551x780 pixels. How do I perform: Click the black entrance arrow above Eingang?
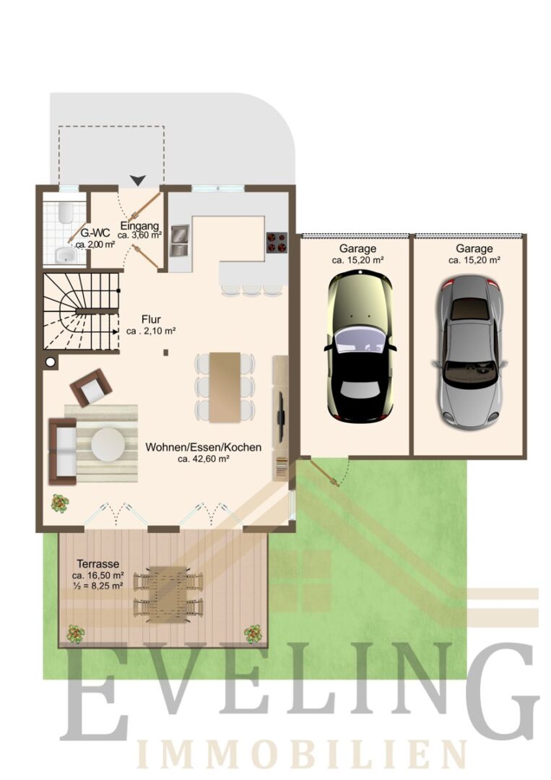(138, 180)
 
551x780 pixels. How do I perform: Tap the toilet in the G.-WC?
(65, 213)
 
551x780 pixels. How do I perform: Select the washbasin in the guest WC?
(65, 255)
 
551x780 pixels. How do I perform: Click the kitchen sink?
(180, 240)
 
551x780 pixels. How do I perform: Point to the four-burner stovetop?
(277, 243)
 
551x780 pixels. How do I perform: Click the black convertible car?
(360, 347)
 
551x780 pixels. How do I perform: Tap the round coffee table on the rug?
(108, 444)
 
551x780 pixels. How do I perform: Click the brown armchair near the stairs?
(91, 388)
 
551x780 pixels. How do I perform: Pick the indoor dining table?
(225, 387)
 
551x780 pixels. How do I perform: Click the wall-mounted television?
(281, 417)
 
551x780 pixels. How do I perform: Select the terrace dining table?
(168, 594)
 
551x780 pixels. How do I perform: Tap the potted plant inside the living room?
(60, 503)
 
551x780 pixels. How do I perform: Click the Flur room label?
(151, 319)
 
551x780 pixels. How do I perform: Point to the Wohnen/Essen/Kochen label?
(204, 447)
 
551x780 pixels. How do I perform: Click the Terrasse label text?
(98, 564)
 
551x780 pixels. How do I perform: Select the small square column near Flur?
(166, 352)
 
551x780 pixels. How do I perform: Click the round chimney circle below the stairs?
(51, 362)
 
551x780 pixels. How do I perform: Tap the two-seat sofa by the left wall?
(63, 451)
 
